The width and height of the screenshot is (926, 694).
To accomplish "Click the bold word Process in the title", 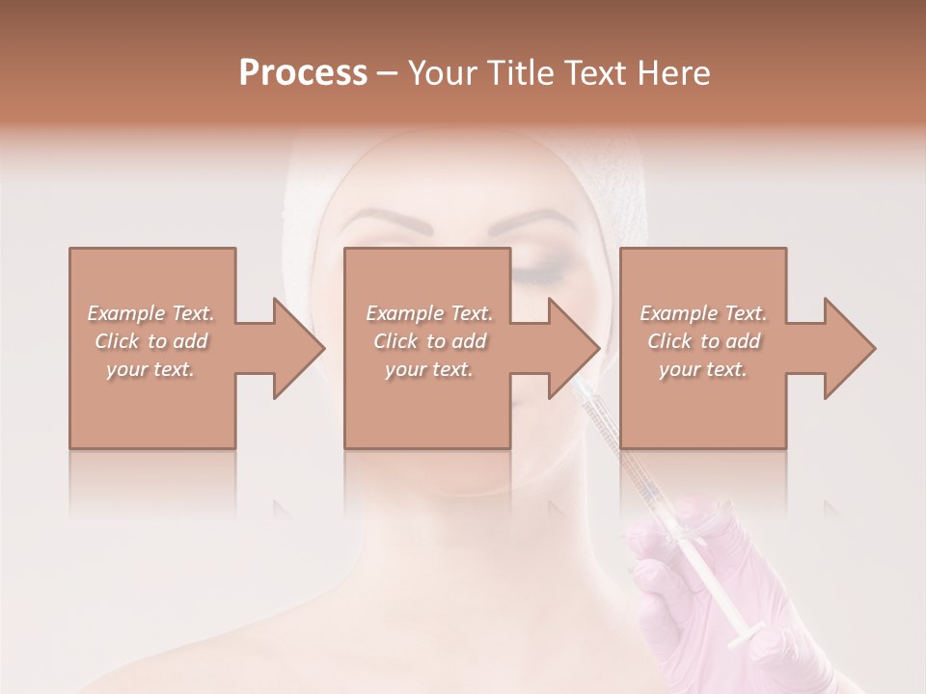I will point(303,73).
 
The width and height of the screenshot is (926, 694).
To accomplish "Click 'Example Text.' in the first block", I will point(150,313).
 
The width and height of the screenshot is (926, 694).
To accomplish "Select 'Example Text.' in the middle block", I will point(428,313).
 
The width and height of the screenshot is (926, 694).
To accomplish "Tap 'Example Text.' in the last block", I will point(703,313).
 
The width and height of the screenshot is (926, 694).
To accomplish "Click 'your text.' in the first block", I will point(150,369).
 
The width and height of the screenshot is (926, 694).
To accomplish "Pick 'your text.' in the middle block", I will point(428,369).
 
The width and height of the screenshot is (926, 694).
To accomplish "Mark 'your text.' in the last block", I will point(703,369).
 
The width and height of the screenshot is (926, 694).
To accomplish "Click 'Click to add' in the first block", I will point(150,341).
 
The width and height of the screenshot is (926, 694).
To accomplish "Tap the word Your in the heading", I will point(442,73).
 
